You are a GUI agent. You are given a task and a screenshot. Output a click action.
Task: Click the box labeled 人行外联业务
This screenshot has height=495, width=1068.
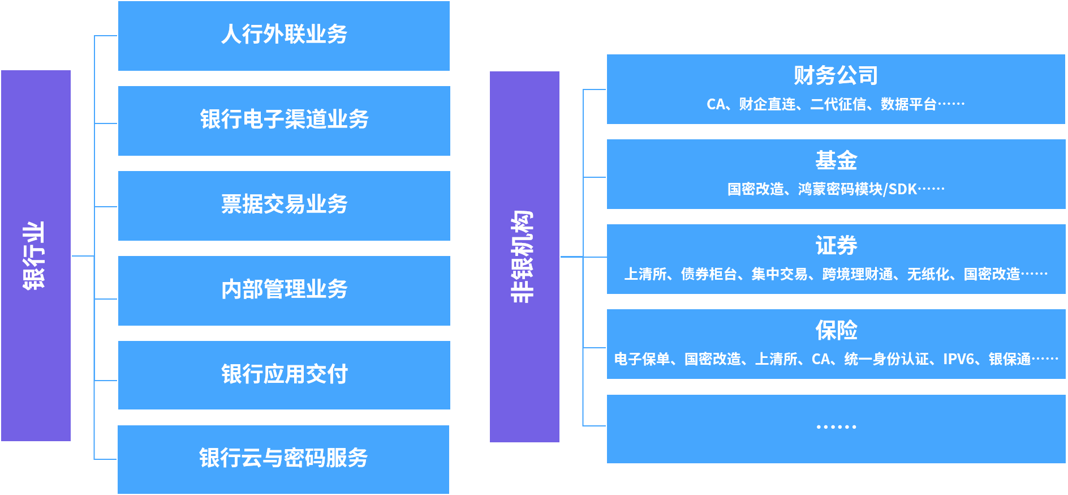click(284, 35)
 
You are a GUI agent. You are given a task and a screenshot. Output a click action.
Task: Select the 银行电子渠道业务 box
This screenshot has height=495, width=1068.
click(284, 120)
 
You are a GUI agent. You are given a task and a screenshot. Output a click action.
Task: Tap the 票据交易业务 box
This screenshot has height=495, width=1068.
click(284, 205)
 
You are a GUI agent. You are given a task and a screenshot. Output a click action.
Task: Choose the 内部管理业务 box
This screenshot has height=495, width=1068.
click(284, 290)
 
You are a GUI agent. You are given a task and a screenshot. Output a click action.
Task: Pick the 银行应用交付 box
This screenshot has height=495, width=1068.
click(284, 374)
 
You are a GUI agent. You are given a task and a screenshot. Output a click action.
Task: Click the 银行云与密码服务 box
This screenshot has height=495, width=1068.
click(283, 459)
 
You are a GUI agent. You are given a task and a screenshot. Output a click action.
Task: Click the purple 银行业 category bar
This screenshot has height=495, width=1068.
click(36, 255)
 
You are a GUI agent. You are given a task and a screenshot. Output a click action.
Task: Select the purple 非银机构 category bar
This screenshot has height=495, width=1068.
click(524, 257)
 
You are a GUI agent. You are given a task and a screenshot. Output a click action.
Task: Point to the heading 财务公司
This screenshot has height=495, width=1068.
click(836, 75)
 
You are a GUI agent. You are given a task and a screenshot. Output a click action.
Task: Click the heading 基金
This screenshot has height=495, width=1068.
click(836, 160)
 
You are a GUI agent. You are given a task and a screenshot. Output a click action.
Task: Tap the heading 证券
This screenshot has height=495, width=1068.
click(836, 245)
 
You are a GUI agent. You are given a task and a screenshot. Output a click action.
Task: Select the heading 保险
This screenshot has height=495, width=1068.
click(836, 330)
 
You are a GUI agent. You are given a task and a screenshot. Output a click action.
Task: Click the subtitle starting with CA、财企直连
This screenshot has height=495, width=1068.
click(836, 104)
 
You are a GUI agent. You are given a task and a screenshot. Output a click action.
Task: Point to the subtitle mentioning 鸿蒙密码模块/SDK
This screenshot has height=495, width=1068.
click(836, 189)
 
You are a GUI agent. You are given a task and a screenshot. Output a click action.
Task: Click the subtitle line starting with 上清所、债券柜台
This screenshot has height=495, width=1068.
click(836, 274)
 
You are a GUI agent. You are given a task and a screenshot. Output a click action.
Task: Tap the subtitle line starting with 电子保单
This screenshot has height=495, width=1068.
click(836, 359)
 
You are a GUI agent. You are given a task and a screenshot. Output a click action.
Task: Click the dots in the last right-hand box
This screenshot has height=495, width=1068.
click(836, 426)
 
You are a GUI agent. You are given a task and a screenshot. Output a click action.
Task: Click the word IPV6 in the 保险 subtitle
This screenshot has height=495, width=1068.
click(958, 359)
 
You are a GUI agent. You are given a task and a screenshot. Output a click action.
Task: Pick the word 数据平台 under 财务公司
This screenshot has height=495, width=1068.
click(908, 104)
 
